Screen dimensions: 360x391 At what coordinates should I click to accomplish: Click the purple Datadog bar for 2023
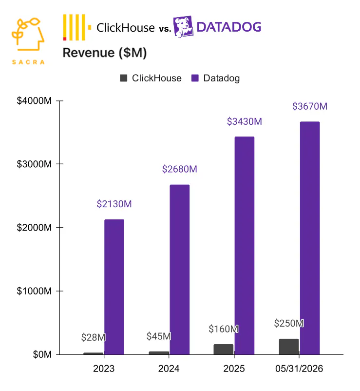(114, 287)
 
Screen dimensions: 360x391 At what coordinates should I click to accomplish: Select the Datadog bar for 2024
(180, 270)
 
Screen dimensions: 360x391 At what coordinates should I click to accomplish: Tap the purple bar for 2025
(245, 246)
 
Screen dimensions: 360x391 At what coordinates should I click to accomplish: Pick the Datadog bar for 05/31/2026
(310, 238)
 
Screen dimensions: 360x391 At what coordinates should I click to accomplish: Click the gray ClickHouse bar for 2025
(224, 350)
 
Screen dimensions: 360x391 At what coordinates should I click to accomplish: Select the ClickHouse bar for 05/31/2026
(289, 347)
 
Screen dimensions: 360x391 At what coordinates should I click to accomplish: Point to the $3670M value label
(310, 106)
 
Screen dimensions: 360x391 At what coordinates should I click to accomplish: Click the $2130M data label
(114, 204)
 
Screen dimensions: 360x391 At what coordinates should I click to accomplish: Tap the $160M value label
(224, 329)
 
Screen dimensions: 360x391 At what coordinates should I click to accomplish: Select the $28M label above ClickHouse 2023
(93, 337)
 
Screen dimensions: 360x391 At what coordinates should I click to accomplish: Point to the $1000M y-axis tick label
(34, 291)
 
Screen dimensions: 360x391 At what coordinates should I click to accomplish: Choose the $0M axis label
(42, 354)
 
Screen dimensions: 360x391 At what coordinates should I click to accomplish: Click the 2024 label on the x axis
(169, 369)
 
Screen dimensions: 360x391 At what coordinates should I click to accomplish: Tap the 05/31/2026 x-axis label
(299, 369)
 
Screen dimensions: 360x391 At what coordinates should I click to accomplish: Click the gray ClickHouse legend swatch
(124, 78)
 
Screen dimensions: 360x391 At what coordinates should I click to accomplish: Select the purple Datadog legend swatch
(195, 78)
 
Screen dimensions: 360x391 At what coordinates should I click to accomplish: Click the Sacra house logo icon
(28, 34)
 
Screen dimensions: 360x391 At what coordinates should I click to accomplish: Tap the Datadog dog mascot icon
(183, 27)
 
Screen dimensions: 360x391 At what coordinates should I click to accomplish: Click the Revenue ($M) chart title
(105, 53)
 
